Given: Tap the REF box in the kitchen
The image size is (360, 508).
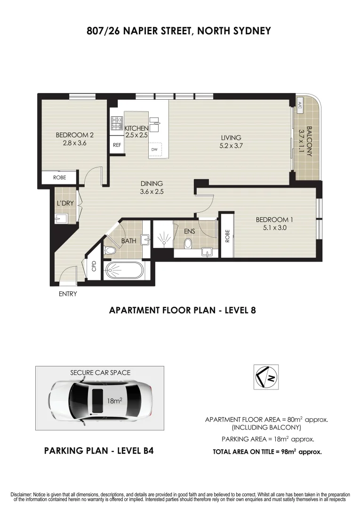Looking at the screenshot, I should [x=117, y=145].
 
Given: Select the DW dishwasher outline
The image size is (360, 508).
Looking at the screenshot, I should [x=154, y=150].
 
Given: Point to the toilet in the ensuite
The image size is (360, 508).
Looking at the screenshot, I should [x=188, y=243].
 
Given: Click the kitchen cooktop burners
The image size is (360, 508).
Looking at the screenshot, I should [x=116, y=123].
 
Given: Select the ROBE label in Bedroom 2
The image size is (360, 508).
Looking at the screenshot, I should [x=59, y=178].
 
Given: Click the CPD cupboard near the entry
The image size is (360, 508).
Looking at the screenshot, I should [x=93, y=266].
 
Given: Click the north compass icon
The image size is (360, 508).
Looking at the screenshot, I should [x=265, y=377].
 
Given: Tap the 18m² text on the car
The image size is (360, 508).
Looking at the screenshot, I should [x=114, y=401].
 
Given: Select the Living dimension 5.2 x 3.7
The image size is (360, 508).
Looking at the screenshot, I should [x=231, y=146].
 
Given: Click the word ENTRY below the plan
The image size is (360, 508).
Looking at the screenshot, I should [x=68, y=294].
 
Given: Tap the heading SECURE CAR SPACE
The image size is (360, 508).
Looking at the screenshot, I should [x=100, y=373].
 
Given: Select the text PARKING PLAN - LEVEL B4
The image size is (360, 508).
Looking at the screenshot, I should [x=99, y=451].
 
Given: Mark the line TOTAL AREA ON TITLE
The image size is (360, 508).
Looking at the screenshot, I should [x=267, y=452].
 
